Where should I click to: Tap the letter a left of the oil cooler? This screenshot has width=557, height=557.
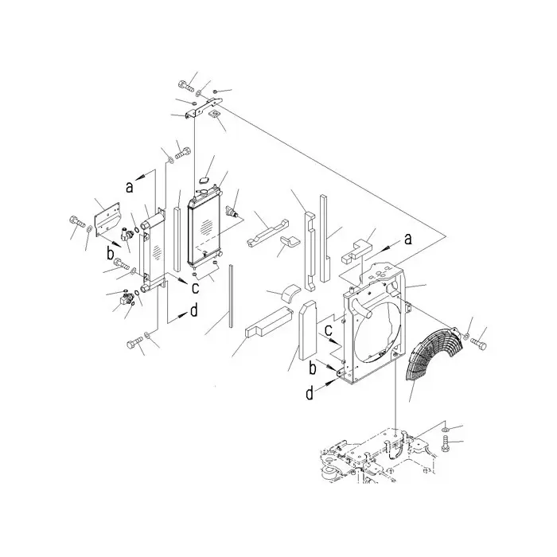[130, 186]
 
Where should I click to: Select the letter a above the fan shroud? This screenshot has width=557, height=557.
[408, 239]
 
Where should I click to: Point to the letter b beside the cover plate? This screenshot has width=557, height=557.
[111, 253]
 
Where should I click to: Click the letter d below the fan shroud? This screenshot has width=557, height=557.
[310, 393]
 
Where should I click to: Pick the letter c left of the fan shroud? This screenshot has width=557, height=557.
[328, 331]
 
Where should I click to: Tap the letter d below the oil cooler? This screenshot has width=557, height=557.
[193, 311]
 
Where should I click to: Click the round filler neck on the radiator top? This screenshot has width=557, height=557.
[204, 193]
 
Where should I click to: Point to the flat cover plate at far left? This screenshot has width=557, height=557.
[107, 220]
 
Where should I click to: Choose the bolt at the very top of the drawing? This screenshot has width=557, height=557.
[185, 86]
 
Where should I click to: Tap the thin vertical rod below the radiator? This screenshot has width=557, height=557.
[232, 295]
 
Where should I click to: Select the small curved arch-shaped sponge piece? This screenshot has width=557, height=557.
[290, 292]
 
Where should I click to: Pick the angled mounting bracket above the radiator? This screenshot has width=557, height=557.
[203, 107]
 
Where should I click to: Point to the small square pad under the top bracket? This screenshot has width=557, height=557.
[215, 115]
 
